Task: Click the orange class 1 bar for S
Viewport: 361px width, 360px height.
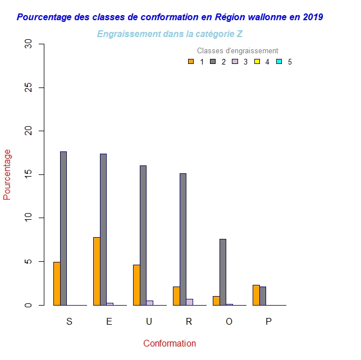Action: tap(57, 284)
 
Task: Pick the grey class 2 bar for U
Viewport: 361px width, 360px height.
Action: tap(143, 236)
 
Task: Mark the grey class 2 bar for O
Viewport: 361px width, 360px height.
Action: tap(223, 272)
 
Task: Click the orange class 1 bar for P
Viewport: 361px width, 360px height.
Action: tap(256, 295)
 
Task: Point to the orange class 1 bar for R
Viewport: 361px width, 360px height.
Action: tap(176, 296)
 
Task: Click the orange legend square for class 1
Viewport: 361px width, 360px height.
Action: tap(191, 62)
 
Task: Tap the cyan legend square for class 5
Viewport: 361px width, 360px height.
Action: tap(279, 62)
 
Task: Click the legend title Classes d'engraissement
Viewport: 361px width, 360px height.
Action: tap(237, 51)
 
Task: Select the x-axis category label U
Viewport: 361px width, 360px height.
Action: tap(149, 321)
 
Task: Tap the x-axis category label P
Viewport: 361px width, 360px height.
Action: tap(268, 321)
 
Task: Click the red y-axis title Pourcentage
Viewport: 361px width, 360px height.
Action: tap(7, 174)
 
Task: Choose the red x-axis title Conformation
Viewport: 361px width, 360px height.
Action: tap(170, 343)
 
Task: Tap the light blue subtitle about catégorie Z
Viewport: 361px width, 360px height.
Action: tap(170, 34)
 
